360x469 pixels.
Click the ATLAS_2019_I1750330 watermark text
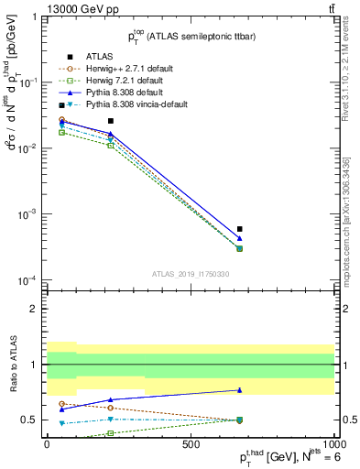coord(191,274)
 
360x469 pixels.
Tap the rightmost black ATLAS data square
coord(239,229)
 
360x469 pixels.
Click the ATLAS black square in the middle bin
coord(111,121)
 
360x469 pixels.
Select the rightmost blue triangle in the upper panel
coord(239,238)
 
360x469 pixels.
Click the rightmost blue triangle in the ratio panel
coord(239,390)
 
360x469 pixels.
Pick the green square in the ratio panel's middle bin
coord(111,432)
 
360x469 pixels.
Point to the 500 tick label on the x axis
coord(191,444)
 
